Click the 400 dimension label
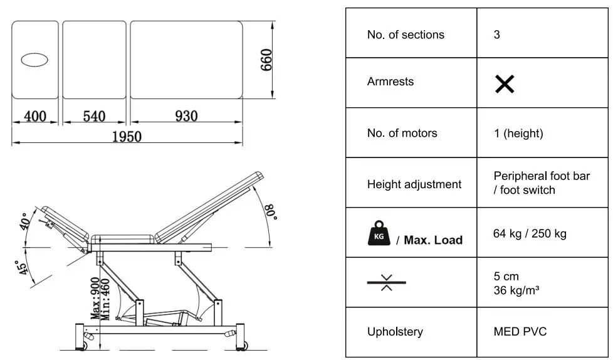tap(35, 116)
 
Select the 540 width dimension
tap(94, 116)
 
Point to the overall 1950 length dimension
tap(127, 137)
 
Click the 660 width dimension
tap(266, 60)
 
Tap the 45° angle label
tap(23, 268)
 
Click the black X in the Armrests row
tap(505, 83)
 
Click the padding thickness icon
tap(386, 282)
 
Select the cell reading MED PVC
tap(520, 331)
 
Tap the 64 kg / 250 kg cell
tap(530, 234)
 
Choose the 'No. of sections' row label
tap(406, 34)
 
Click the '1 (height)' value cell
tap(518, 133)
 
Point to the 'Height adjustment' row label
tap(414, 184)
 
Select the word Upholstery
tap(395, 331)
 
